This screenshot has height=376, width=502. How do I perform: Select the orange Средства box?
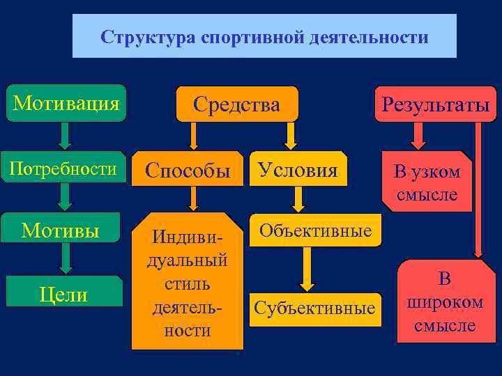237,104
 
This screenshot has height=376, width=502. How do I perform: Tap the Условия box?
298,169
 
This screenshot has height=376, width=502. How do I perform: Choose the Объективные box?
315,230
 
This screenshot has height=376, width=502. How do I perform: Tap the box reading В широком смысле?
445,302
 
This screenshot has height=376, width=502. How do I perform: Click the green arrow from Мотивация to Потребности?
65,136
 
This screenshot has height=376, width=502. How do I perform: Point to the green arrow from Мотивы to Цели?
65,258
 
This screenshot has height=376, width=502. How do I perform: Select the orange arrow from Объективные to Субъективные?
307,267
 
